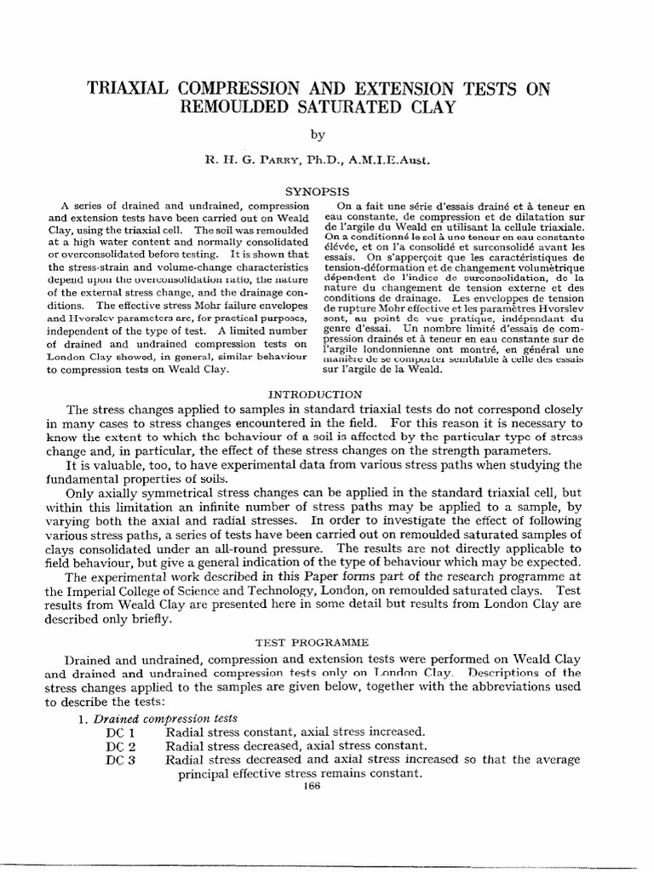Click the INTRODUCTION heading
pos(316,394)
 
